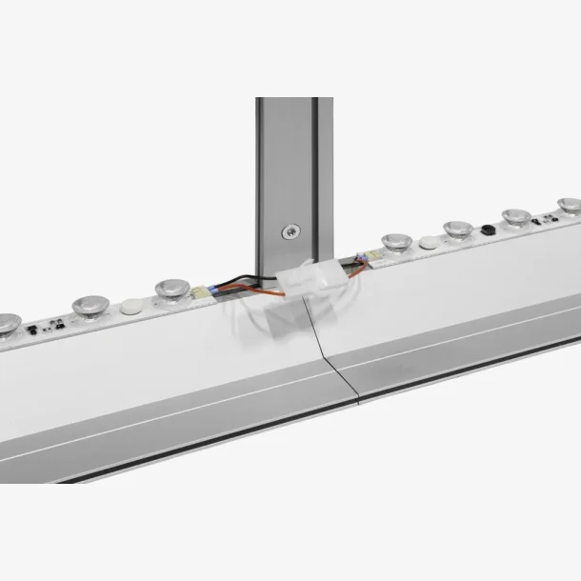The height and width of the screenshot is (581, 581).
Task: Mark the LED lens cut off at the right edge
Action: [570, 207]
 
